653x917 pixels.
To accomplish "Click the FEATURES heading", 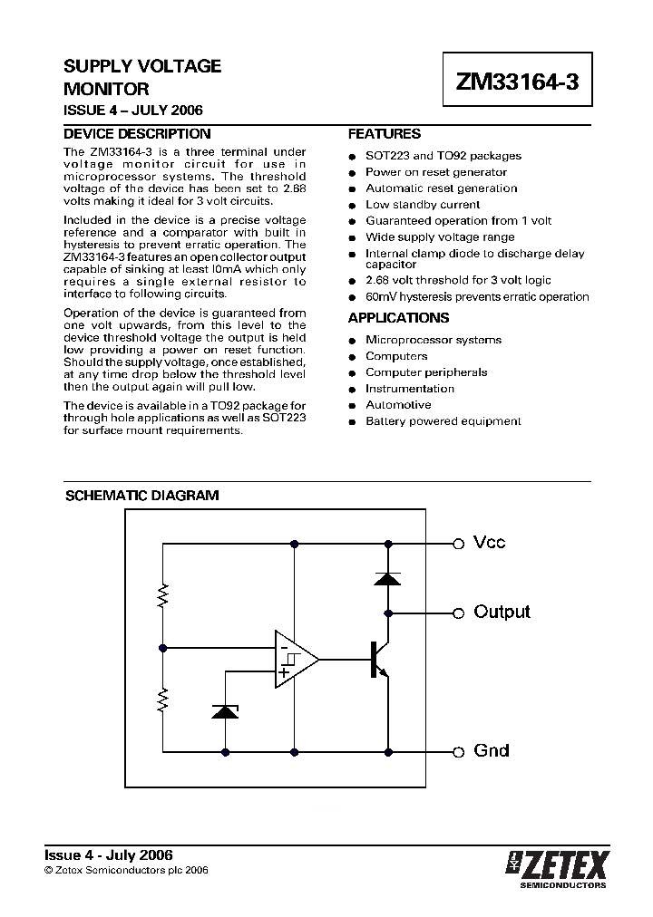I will (385, 133).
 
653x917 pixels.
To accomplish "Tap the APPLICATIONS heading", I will (398, 318).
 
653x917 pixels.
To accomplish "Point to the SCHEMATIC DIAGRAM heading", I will (141, 496).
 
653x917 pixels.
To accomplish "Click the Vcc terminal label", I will (490, 543).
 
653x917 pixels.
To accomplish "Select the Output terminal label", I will (502, 612).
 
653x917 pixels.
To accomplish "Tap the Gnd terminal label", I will (492, 751).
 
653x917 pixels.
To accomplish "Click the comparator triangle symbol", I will (296, 660).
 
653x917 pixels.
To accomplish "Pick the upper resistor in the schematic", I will (163, 595).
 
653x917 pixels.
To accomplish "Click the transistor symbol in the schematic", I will (379, 660).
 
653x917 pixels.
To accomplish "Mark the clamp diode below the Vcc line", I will (388, 577).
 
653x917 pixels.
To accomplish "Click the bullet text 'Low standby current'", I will (423, 205).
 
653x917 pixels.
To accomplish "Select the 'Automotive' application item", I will (398, 405).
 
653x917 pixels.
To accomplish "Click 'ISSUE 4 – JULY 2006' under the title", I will (132, 111).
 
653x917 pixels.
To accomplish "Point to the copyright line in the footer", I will (127, 870).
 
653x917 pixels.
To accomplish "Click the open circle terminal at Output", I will (458, 613).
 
